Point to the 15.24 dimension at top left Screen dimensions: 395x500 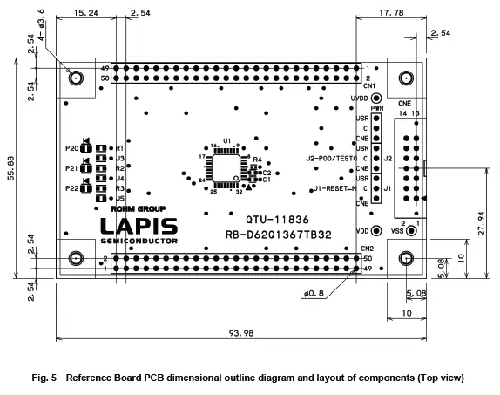[x=85, y=14]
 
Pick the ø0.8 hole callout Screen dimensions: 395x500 [x=314, y=293]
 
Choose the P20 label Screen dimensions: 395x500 [x=71, y=149]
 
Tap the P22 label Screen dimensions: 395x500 [x=71, y=187]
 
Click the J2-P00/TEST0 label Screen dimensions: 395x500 [x=331, y=159]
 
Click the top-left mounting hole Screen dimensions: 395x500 [x=77, y=78]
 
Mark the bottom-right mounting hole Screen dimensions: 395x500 [x=406, y=259]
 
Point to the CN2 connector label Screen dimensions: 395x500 [x=367, y=248]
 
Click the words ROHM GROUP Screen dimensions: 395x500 [x=133, y=208]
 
